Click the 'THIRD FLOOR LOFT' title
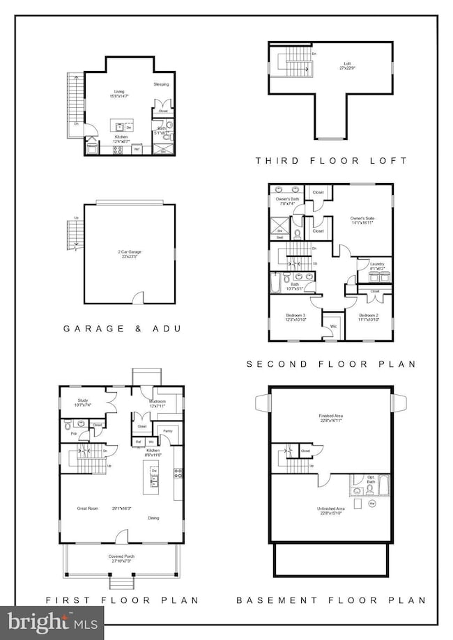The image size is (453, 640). [x=331, y=161]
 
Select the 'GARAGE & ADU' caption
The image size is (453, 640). [x=123, y=327]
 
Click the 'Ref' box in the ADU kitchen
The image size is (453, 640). [x=137, y=148]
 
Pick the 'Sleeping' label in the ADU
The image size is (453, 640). [x=161, y=84]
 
